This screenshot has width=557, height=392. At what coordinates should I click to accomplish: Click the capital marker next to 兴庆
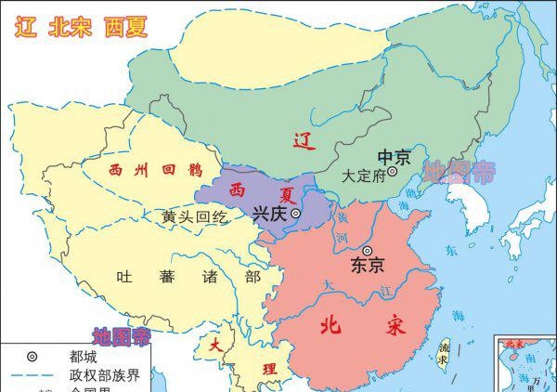point(296,214)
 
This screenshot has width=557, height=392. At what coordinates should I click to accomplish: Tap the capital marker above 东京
point(369,250)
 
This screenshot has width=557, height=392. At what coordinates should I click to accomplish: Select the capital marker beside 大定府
point(393,172)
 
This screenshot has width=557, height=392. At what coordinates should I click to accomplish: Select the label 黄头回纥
point(194,216)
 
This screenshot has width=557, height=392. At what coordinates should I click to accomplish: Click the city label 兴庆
point(270,214)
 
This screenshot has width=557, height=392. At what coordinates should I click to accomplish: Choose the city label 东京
point(368,265)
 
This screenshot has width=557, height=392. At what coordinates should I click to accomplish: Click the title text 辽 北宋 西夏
point(81,26)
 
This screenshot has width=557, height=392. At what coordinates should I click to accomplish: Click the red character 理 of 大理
point(269,368)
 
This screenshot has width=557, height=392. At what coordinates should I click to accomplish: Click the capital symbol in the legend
point(32,356)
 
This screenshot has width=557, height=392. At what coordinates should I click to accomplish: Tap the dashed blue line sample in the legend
point(32,374)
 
